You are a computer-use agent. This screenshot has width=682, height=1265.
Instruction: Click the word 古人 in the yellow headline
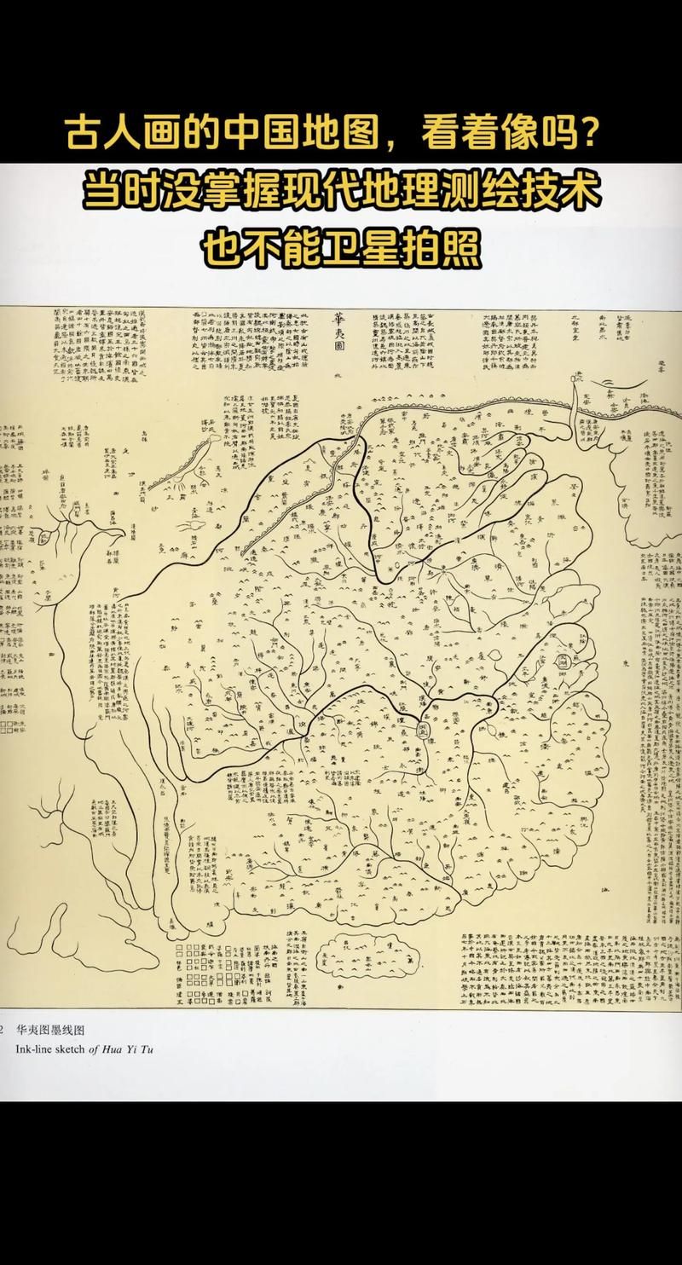tap(108, 134)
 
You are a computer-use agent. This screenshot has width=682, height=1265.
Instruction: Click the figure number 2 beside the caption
tap(3, 1031)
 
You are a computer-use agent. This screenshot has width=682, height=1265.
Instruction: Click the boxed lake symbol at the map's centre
tap(423, 731)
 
